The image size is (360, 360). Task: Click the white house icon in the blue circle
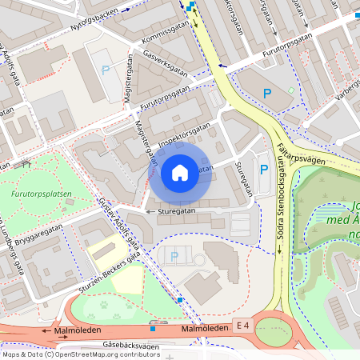(x=180, y=172)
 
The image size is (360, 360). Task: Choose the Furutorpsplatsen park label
(x=42, y=194)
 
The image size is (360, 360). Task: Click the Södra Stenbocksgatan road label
(x=281, y=207)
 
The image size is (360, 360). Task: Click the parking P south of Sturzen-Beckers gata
(x=174, y=256)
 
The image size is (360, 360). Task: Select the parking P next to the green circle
(x=268, y=94)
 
